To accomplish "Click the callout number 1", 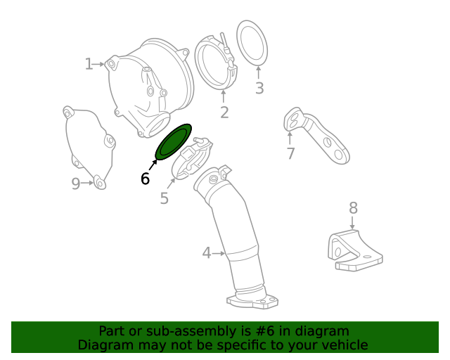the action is (89, 65).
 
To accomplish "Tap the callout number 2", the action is (224, 112).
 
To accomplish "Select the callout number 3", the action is (259, 88).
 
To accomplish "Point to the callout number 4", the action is (207, 252).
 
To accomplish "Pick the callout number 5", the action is (164, 198).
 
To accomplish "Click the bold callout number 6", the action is (145, 179).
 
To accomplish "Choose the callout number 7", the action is (290, 153).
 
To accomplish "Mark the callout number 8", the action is (353, 207).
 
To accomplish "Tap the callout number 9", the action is (76, 184).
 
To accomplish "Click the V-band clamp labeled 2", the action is (214, 63).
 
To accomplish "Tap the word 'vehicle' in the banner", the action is (344, 345).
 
